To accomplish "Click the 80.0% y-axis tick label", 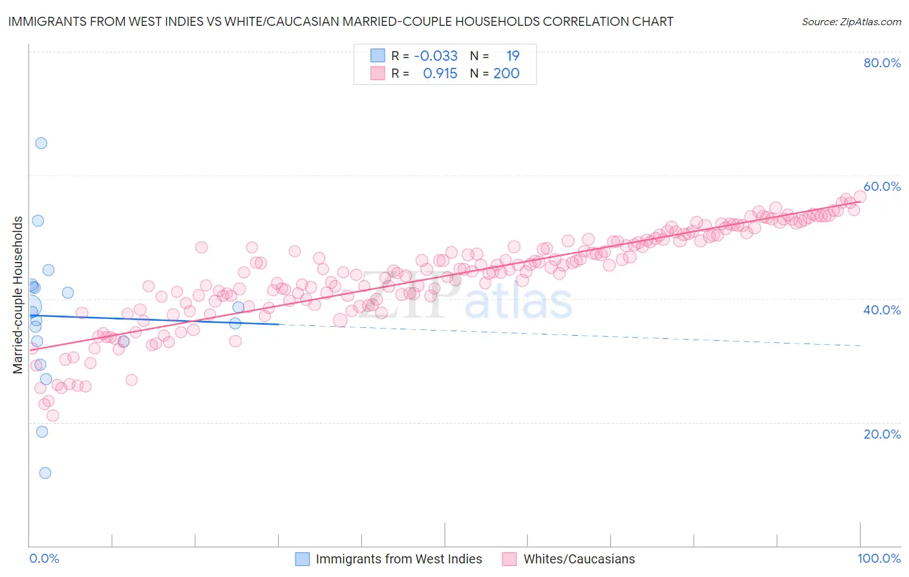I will pyautogui.click(x=882, y=63).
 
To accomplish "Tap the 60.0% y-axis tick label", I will pyautogui.click(x=882, y=186).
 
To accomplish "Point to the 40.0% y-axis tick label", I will pyautogui.click(x=882, y=310).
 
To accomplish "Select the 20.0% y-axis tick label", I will pyautogui.click(x=882, y=433).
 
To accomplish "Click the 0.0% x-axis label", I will pyautogui.click(x=44, y=558).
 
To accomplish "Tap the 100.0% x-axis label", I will pyautogui.click(x=879, y=558).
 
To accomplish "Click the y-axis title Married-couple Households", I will pyautogui.click(x=18, y=295).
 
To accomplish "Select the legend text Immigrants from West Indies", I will pyautogui.click(x=399, y=559).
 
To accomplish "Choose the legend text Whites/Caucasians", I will pyautogui.click(x=579, y=559).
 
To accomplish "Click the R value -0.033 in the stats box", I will pyautogui.click(x=436, y=56).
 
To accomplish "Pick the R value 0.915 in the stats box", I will pyautogui.click(x=440, y=74).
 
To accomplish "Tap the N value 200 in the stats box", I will pyautogui.click(x=506, y=74).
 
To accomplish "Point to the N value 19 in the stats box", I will pyautogui.click(x=513, y=56).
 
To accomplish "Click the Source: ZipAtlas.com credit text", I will pyautogui.click(x=851, y=22).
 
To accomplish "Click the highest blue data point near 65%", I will pyautogui.click(x=41, y=143).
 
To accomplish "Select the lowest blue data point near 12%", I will pyautogui.click(x=45, y=473).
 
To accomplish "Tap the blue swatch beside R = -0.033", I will pyautogui.click(x=378, y=56).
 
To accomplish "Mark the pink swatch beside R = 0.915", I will pyautogui.click(x=378, y=74).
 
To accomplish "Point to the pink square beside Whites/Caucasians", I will pyautogui.click(x=509, y=559).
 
